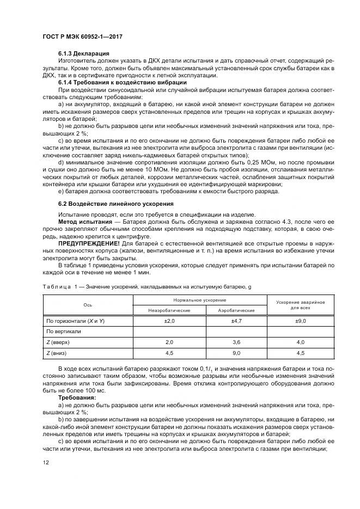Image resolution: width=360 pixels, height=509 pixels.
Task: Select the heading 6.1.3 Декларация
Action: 83,54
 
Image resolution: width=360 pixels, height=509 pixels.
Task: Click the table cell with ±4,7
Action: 236,321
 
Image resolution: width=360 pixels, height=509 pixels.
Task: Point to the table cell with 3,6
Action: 236,342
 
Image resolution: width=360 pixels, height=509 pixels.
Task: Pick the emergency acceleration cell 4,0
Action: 300,342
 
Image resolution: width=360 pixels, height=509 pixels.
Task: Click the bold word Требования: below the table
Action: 77,397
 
